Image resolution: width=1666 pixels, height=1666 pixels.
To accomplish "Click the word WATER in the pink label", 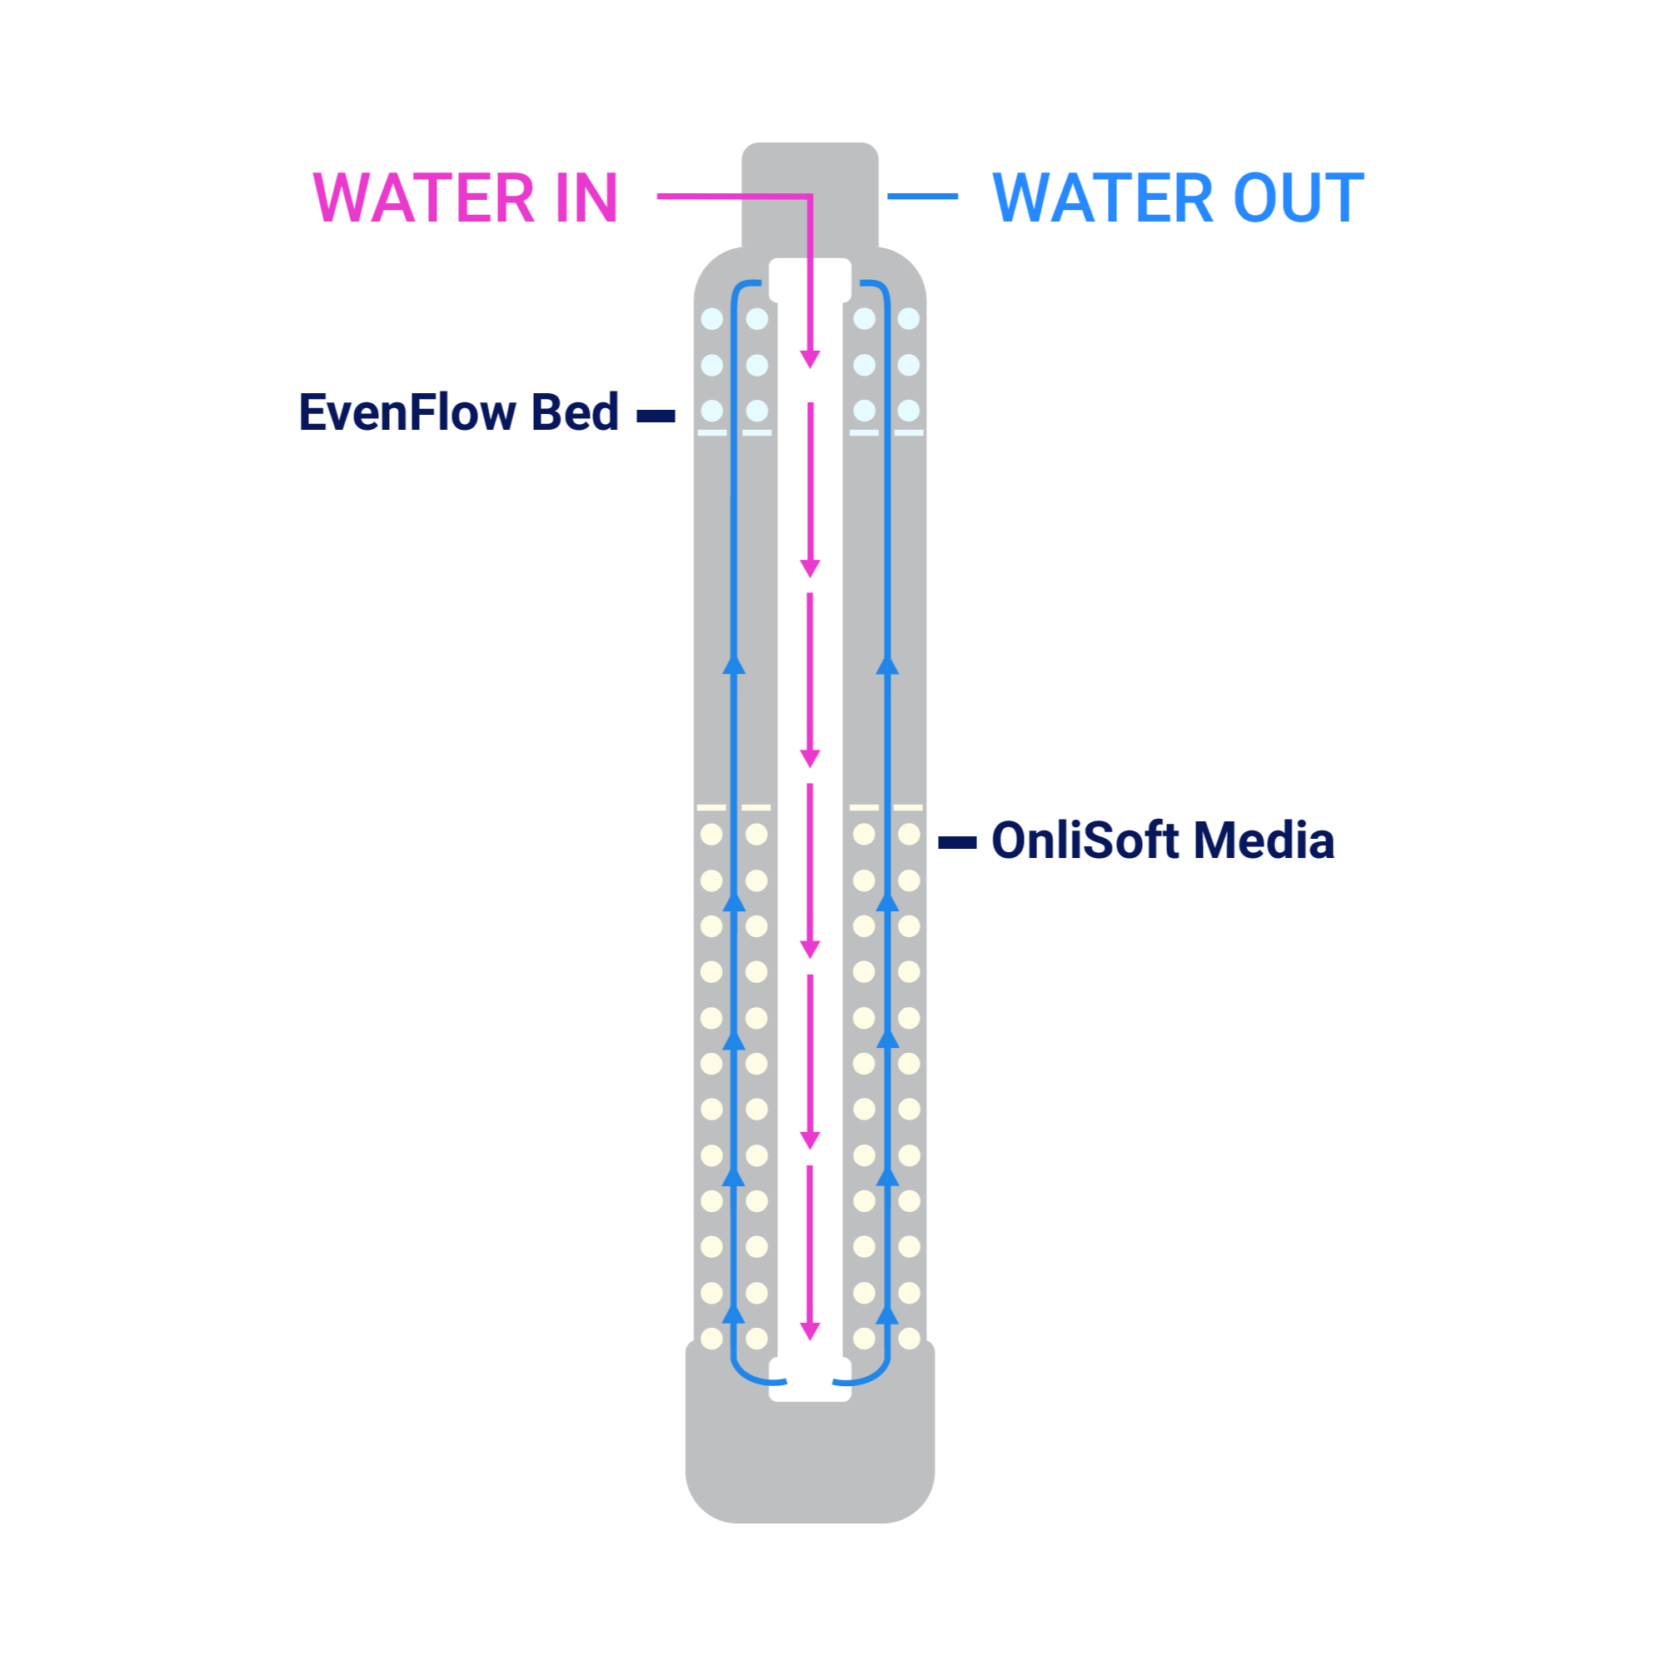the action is click(423, 198).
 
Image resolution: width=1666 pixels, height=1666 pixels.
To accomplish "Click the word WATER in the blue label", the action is click(1104, 198).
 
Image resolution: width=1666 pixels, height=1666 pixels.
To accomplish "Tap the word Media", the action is click(1264, 840).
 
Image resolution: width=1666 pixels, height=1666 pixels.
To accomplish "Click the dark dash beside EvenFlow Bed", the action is click(656, 416).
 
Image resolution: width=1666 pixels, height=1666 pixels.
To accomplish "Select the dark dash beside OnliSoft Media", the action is click(957, 842).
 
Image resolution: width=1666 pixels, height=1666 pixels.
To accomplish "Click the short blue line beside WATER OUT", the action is click(923, 197).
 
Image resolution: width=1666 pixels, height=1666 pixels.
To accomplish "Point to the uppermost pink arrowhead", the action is click(810, 360).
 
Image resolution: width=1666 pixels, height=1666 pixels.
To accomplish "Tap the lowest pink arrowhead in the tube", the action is click(810, 1331).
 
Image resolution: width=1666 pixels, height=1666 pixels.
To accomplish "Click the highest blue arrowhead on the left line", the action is click(734, 665).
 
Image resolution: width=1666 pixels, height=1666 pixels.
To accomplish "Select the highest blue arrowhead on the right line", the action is click(887, 665).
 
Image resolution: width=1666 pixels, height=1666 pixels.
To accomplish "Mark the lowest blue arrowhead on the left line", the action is click(734, 1314).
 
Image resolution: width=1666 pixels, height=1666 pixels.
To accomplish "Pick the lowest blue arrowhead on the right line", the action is click(887, 1314).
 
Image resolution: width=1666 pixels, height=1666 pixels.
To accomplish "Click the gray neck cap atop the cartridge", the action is click(810, 194).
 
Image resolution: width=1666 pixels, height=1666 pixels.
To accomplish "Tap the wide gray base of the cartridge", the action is click(810, 1457).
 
